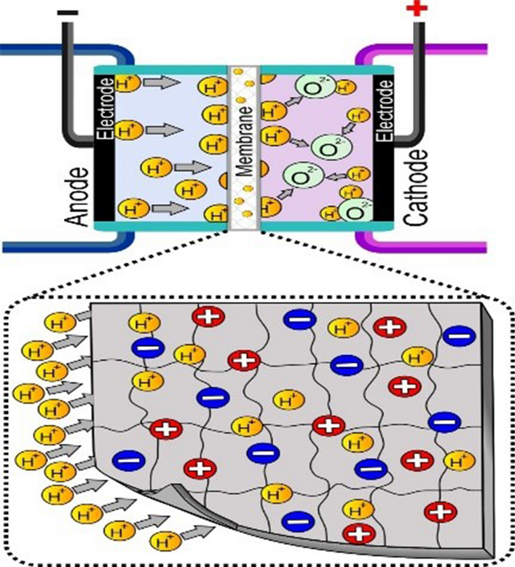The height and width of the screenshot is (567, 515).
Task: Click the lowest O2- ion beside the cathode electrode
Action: tap(353, 211)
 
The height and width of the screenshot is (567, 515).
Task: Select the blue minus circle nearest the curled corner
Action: tap(127, 459)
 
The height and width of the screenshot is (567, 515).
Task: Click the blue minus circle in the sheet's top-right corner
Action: tap(457, 335)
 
